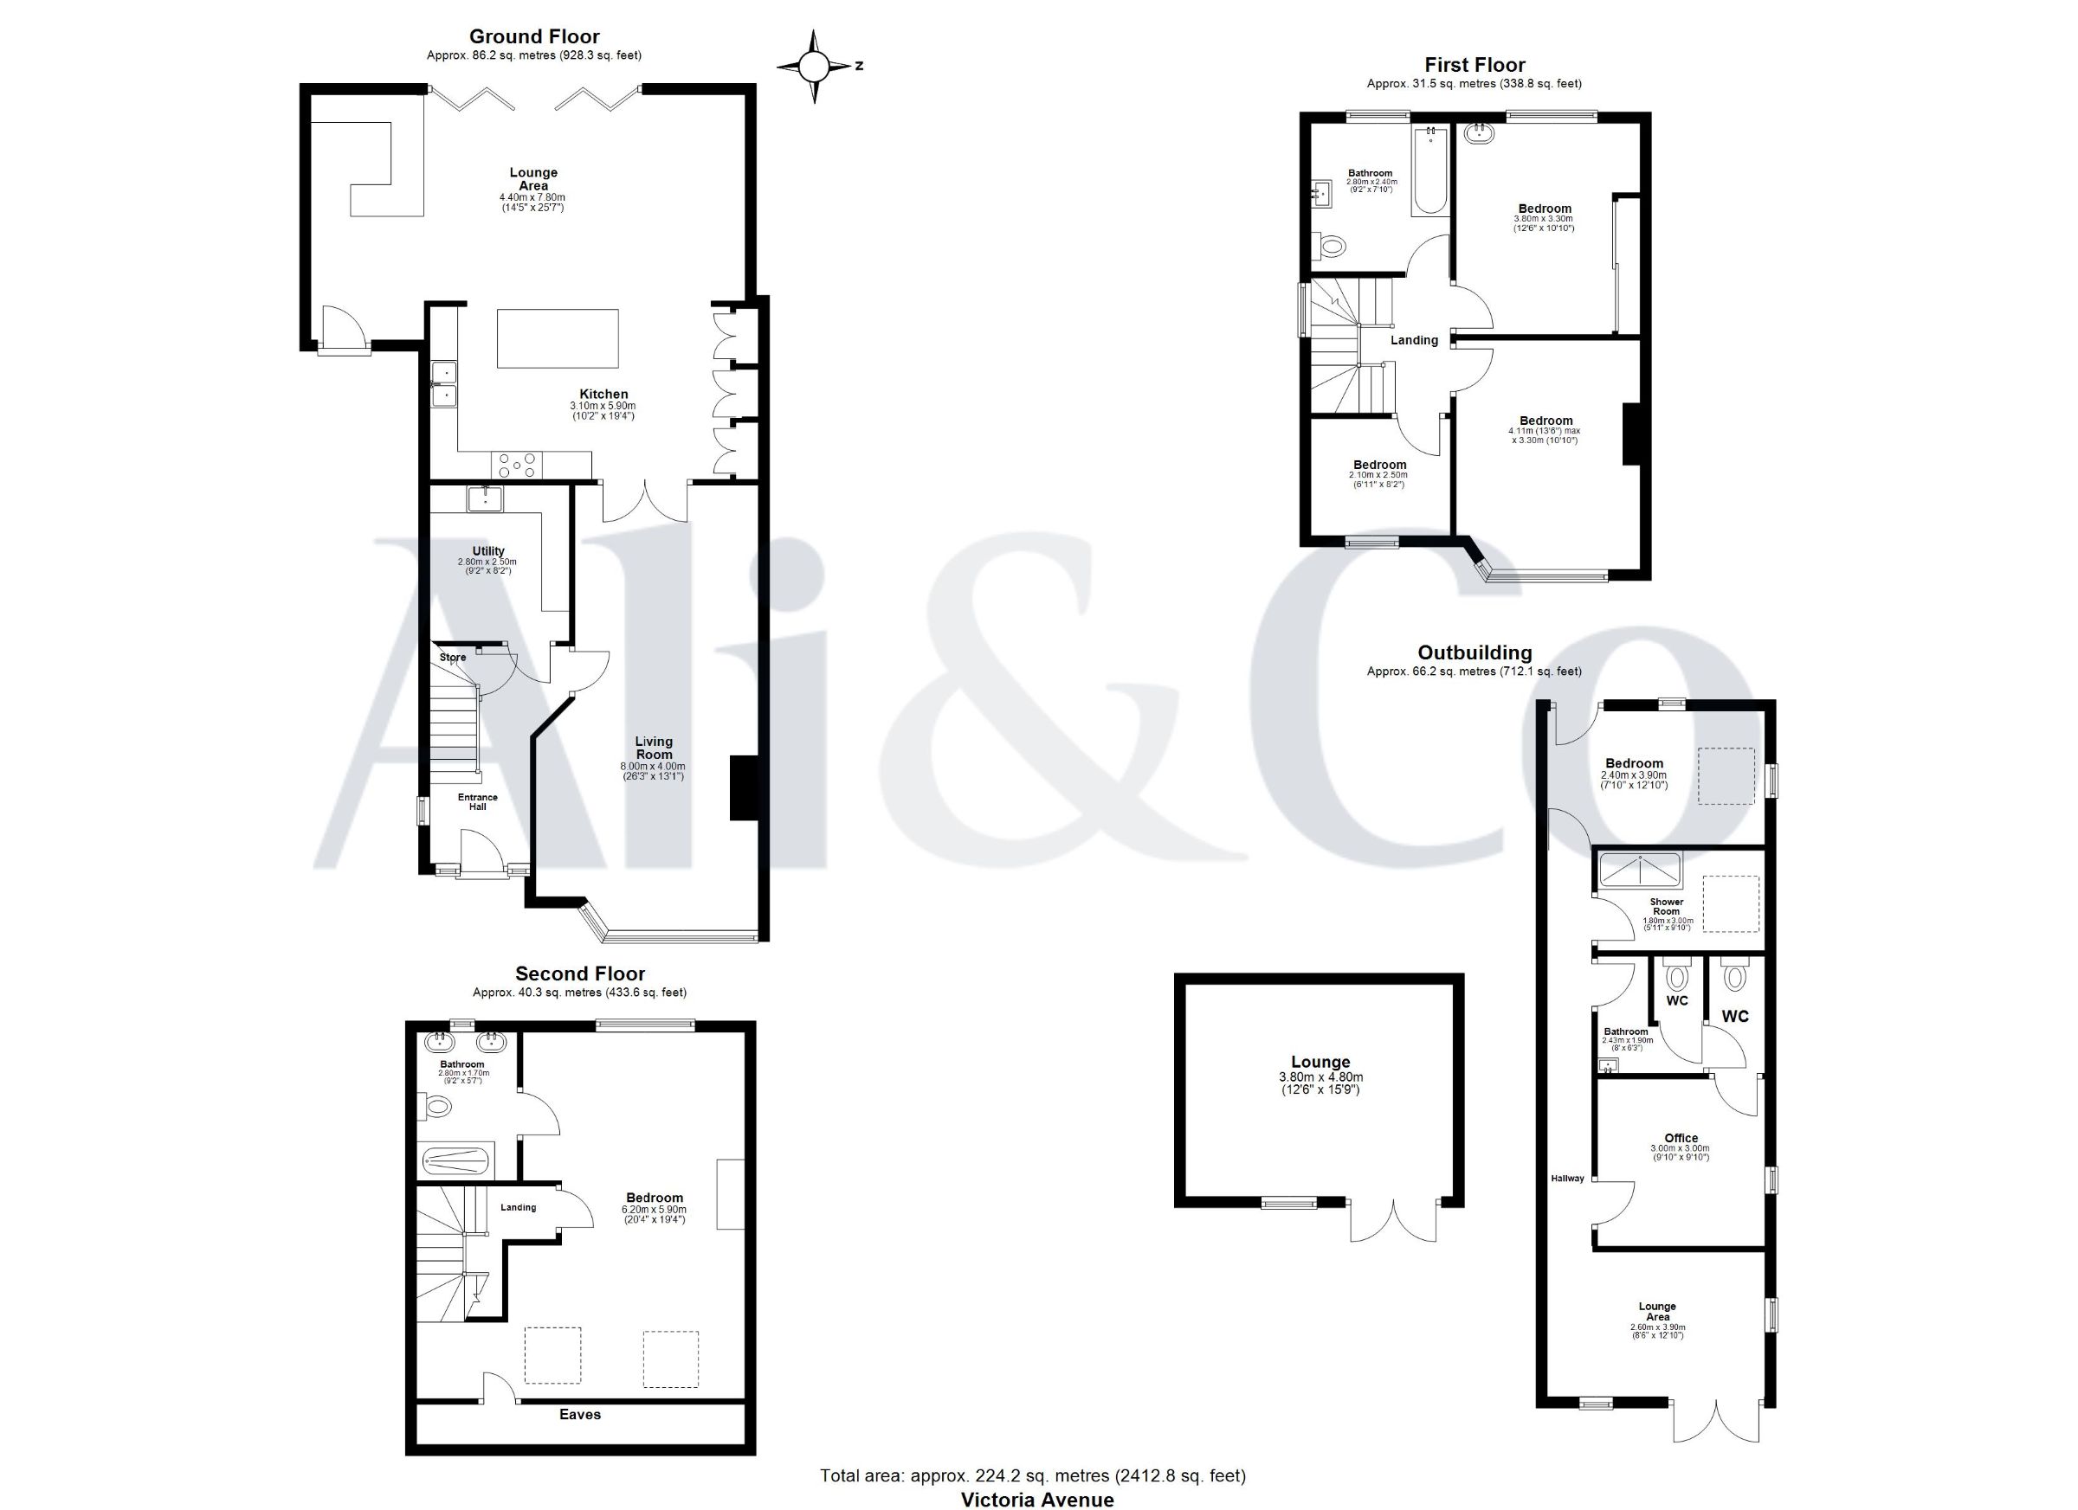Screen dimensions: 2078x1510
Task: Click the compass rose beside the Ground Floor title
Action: [x=814, y=66]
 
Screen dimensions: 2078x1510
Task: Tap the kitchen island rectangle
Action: [x=557, y=339]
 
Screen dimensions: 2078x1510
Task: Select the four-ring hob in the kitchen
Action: [x=517, y=466]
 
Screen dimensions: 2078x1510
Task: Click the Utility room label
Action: [x=488, y=551]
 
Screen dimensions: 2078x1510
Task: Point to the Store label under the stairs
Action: [x=453, y=658]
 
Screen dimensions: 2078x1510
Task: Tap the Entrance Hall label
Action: [x=477, y=802]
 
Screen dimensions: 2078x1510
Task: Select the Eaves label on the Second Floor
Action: [x=580, y=1415]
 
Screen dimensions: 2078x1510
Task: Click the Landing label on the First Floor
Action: [x=1415, y=341]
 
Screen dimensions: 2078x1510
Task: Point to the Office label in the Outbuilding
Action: [x=1681, y=1138]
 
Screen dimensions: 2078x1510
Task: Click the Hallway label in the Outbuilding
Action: [x=1568, y=1179]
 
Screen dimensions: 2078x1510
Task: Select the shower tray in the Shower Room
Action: [x=1640, y=870]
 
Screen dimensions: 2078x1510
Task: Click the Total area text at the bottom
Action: [x=1033, y=1475]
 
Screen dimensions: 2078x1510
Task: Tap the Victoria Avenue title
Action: [x=1037, y=1499]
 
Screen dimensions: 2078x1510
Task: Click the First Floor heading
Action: [x=1475, y=65]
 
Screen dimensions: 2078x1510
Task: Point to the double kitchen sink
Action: [x=444, y=383]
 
